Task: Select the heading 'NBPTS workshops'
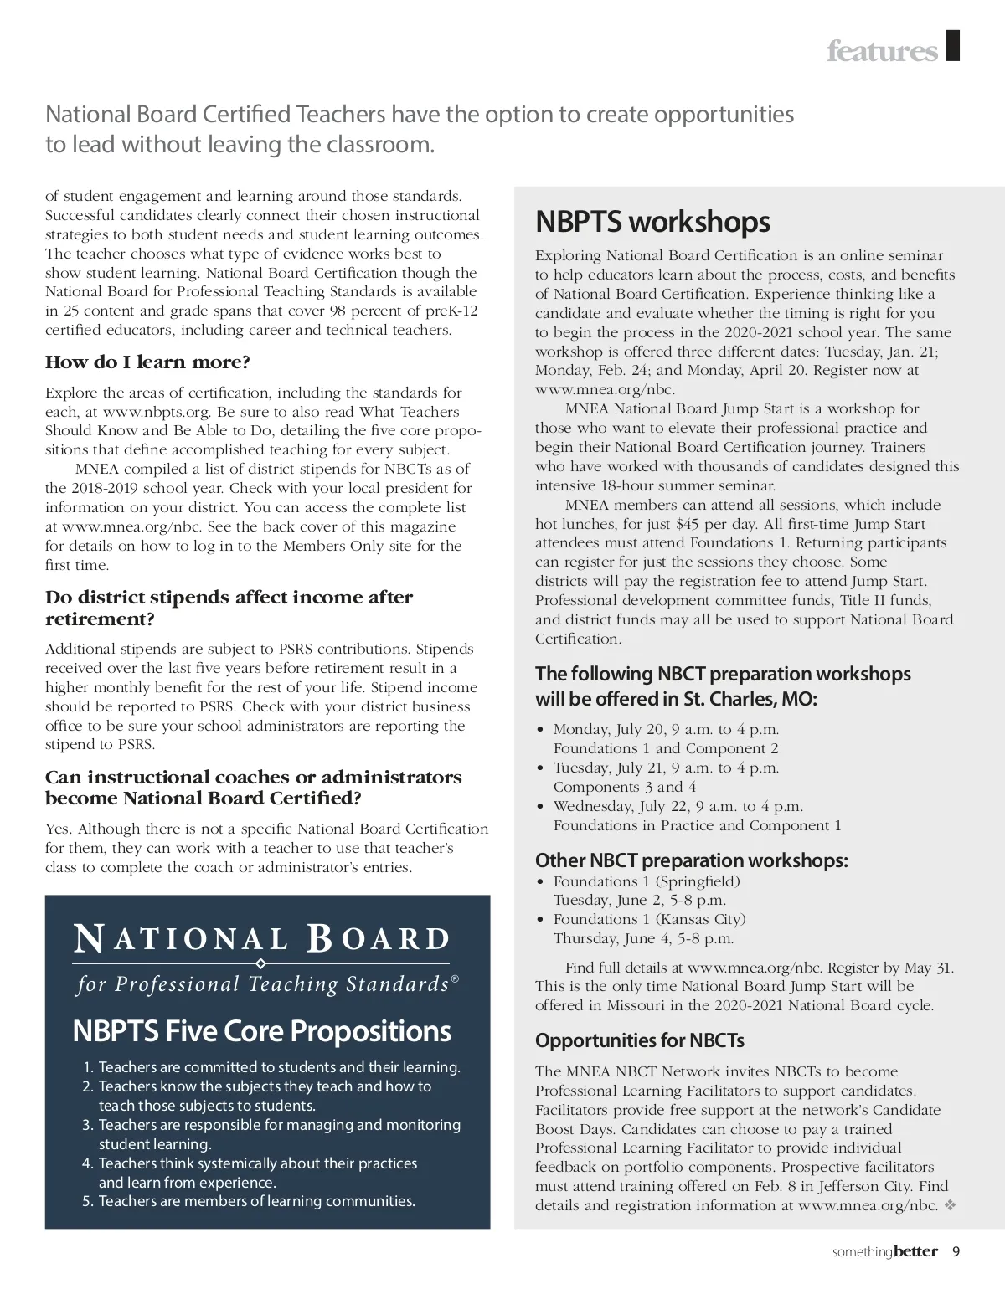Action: [652, 222]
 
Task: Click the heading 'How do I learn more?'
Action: [147, 362]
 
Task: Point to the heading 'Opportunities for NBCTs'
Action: [639, 1040]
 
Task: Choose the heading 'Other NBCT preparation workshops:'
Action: [691, 860]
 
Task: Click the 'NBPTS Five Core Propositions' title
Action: [261, 1031]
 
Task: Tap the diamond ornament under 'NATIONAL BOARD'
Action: [260, 963]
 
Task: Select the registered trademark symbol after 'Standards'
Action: [456, 978]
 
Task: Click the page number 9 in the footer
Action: [956, 1252]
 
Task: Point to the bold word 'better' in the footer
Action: [915, 1252]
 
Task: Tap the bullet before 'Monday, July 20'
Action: [541, 730]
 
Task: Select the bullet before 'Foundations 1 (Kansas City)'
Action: [541, 920]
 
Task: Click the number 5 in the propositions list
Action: [88, 1202]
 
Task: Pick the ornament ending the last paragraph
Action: [950, 1205]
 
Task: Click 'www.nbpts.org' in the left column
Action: [156, 412]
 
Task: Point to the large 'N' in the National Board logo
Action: [90, 939]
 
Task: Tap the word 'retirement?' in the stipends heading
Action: [100, 619]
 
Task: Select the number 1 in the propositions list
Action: [88, 1068]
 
